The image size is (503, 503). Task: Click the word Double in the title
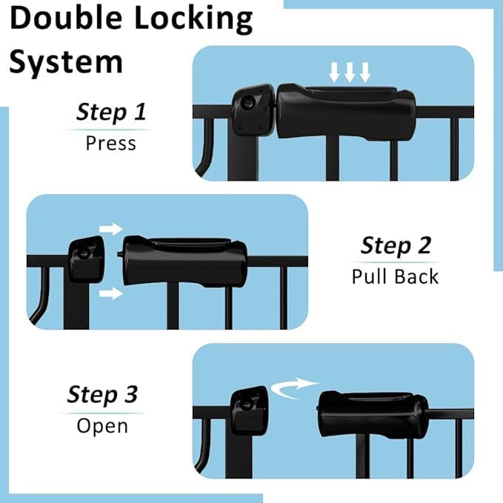pos(67,19)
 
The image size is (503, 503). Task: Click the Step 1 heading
pos(111,113)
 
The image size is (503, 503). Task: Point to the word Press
pos(111,142)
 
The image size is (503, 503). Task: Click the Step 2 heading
pos(396,245)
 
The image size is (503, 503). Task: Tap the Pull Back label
pos(396,276)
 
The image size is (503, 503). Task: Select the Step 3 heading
pos(102,394)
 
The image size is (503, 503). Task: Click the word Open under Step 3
pos(102,426)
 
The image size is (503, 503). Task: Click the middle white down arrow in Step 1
pos(349,72)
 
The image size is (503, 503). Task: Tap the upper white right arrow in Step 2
pos(110,228)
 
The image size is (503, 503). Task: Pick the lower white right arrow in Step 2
pos(110,294)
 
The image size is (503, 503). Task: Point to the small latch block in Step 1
pos(251,110)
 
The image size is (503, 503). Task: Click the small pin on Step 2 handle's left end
pos(119,252)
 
